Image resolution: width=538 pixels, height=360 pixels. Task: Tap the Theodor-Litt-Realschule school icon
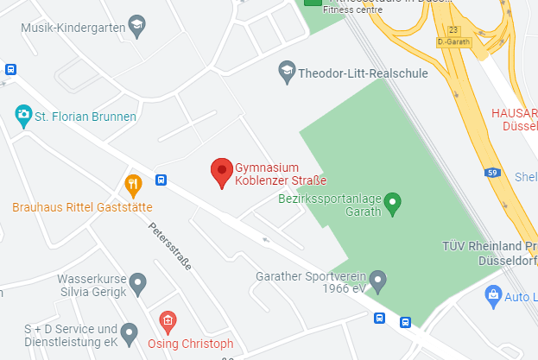pos(287,73)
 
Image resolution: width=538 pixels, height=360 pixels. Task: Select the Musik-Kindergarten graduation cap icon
pos(136,27)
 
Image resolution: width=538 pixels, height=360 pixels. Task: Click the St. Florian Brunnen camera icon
pos(23,114)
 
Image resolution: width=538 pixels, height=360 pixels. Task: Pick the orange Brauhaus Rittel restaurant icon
pos(132,184)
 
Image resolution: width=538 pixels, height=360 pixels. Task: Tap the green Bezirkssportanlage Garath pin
pos(393,204)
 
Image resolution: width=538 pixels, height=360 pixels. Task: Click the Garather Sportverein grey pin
pos(377,281)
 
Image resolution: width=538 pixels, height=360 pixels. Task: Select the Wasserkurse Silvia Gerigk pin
pos(136,283)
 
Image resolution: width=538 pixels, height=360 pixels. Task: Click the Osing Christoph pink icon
pos(168,321)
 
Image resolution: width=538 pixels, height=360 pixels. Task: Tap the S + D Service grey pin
pos(130,332)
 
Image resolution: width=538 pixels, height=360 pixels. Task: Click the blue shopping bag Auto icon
pos(493,295)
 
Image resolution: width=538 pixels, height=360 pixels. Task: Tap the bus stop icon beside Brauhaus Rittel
pos(161,180)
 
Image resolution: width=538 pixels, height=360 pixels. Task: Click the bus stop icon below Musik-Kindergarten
pos(10,70)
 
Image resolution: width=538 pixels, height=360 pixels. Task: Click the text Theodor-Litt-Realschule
pos(363,73)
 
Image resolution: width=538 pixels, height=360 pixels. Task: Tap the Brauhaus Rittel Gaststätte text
pos(82,207)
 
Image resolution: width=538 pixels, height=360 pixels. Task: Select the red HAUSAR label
pos(515,112)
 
